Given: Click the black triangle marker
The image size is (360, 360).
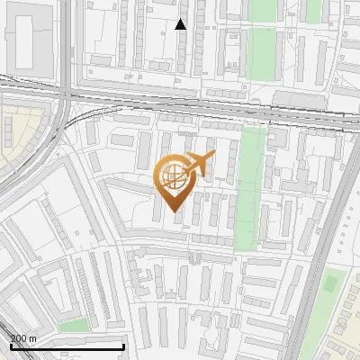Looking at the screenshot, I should pyautogui.click(x=181, y=24).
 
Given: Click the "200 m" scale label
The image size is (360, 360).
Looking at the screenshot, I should pyautogui.click(x=23, y=338).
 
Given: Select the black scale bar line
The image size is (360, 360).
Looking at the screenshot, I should pyautogui.click(x=67, y=346).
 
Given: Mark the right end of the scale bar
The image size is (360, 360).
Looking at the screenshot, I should pyautogui.click(x=123, y=346).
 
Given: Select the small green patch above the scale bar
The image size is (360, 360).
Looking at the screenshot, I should pyautogui.click(x=75, y=324).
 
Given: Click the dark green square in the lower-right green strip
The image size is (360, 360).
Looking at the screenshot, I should pyautogui.click(x=330, y=284).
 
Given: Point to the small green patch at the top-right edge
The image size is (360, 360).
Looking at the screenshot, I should pyautogui.click(x=313, y=10).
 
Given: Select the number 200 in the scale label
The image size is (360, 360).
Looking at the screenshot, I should pyautogui.click(x=19, y=338).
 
